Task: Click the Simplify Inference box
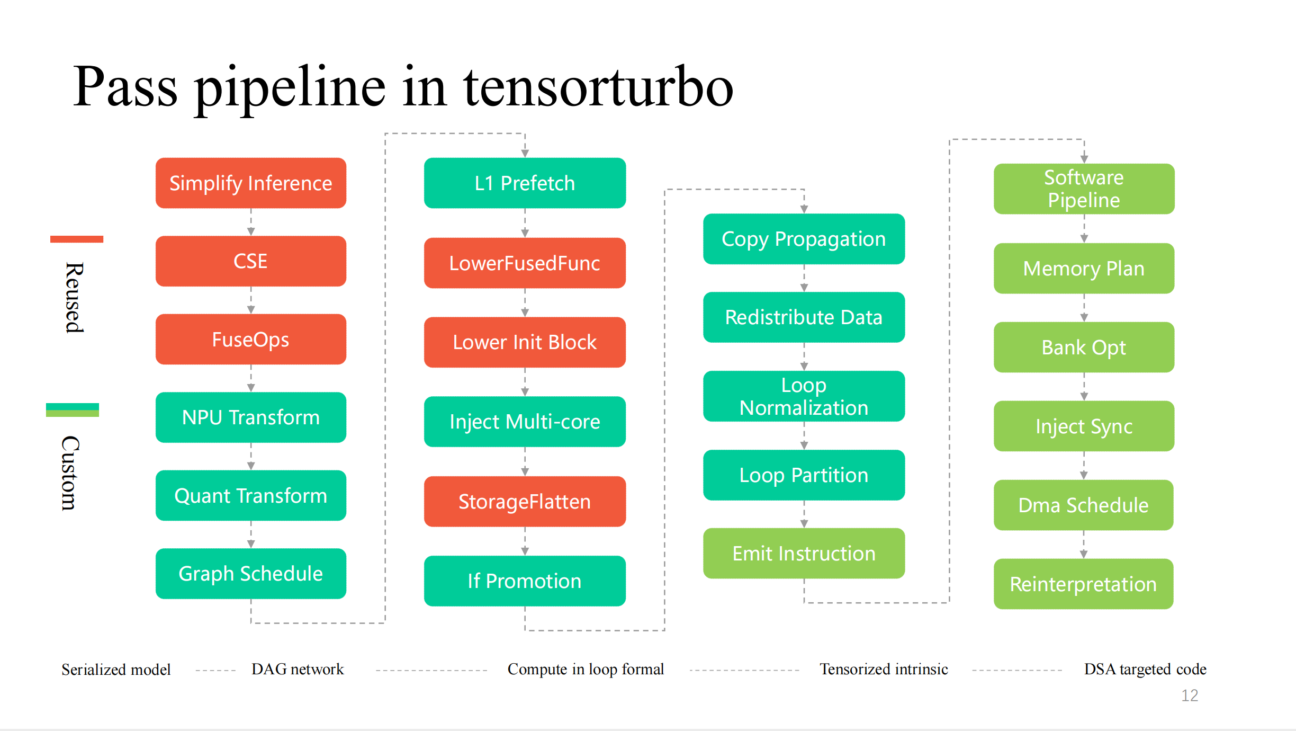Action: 251,183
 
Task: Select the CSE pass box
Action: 251,261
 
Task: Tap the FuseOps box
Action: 251,339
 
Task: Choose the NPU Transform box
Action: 251,417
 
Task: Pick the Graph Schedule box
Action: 251,574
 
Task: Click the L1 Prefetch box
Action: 525,183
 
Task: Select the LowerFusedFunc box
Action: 525,263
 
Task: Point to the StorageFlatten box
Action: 525,502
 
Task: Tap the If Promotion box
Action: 525,581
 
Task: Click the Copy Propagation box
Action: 804,239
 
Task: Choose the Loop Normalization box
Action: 804,396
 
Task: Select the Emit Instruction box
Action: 804,554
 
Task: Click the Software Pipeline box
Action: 1084,189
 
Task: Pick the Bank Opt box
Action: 1084,347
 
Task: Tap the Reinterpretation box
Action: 1084,584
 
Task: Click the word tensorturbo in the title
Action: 598,86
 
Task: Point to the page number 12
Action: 1190,696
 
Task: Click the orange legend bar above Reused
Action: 77,239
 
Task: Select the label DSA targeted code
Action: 1145,670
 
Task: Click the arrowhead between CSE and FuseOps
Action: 251,310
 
